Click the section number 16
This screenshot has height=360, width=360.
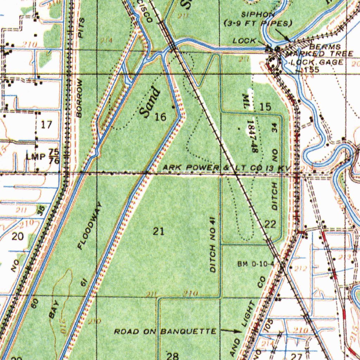click(x=160, y=117)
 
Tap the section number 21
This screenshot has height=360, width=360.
click(x=159, y=231)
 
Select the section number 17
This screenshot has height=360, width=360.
click(x=46, y=124)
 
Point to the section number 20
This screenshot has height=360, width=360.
click(x=18, y=236)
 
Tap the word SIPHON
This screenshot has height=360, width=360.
click(x=258, y=14)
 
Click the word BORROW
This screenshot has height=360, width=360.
click(x=79, y=98)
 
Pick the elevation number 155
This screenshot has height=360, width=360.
click(x=312, y=70)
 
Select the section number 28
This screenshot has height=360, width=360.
click(x=172, y=355)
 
